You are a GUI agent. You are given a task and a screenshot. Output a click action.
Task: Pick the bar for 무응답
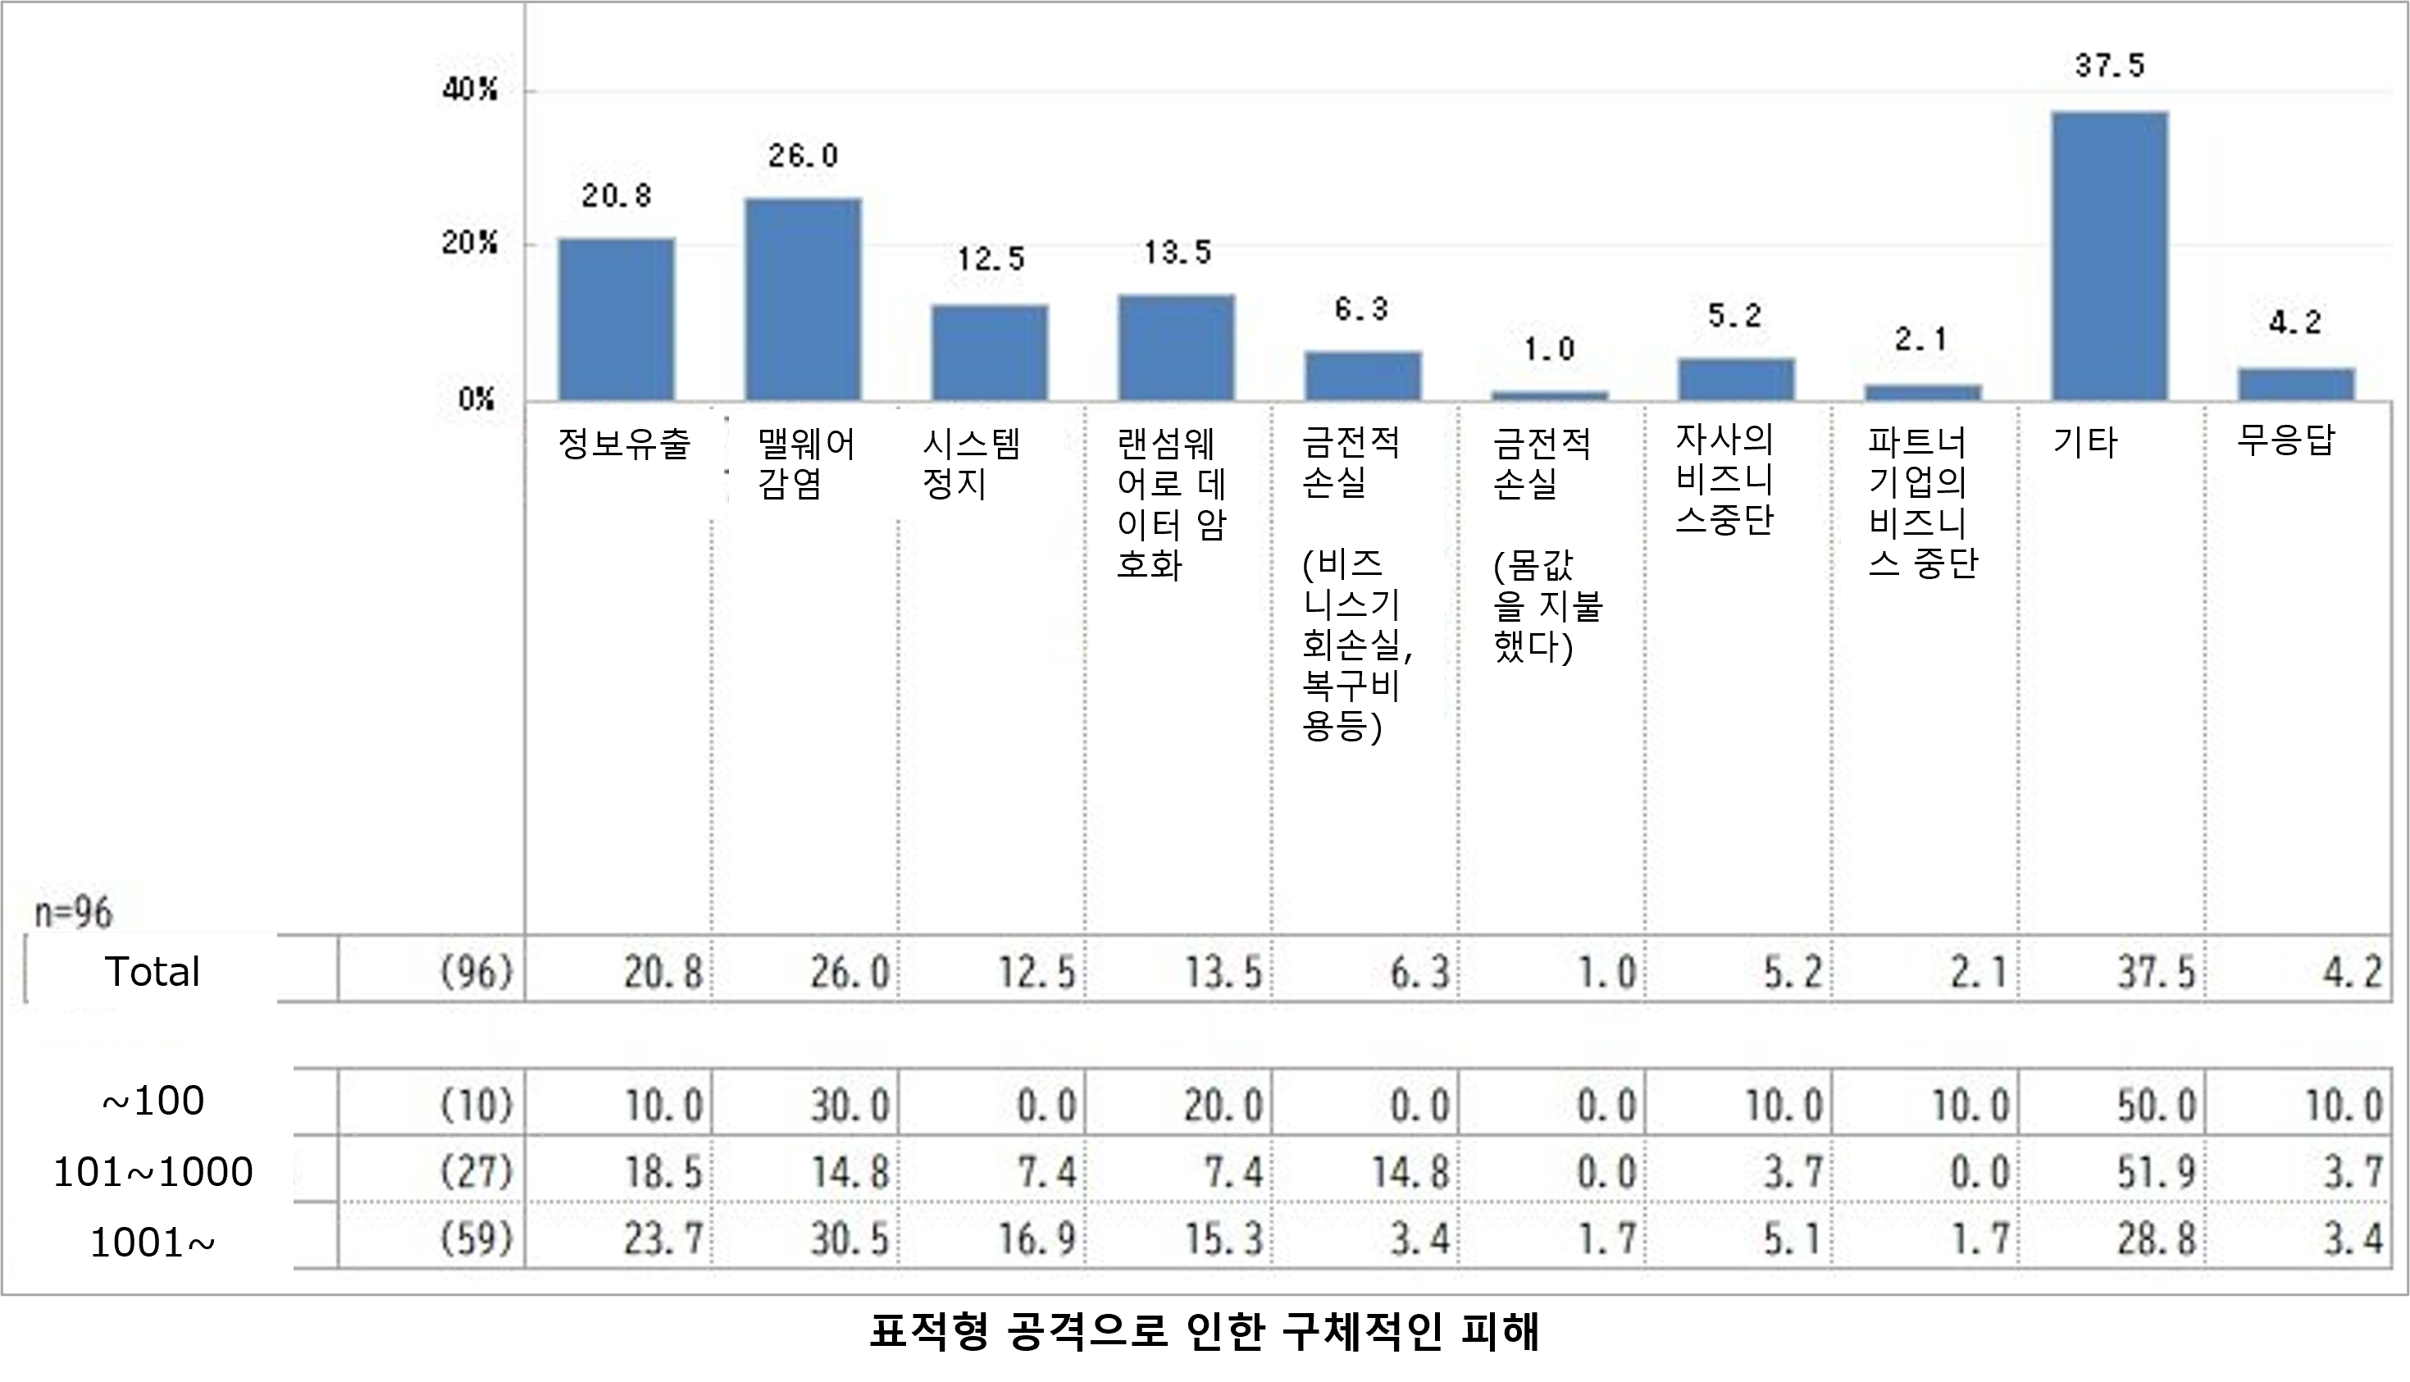[x=2296, y=384]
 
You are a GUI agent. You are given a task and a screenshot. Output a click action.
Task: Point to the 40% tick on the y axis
[x=470, y=90]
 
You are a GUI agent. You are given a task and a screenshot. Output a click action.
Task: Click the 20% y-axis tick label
[x=470, y=243]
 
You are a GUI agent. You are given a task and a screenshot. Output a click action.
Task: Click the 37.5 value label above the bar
[x=2109, y=66]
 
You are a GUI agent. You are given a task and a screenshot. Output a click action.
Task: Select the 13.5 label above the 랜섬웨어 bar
[x=1177, y=253]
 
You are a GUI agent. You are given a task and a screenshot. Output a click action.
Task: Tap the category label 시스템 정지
[x=970, y=463]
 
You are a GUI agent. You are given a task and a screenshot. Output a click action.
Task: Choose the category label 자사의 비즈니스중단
[x=1724, y=478]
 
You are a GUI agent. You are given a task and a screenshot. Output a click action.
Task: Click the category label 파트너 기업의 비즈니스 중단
[x=1920, y=503]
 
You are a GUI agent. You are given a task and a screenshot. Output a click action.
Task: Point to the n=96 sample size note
[x=73, y=913]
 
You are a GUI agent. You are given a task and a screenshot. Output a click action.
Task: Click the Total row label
[x=152, y=971]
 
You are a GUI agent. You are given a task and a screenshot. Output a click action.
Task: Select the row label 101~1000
[x=153, y=1172]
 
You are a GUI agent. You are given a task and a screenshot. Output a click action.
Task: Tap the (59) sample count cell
[x=476, y=1238]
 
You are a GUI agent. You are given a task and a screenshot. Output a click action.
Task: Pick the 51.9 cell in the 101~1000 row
[x=2156, y=1173]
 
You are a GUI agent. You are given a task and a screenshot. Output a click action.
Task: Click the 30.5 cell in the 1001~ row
[x=850, y=1238]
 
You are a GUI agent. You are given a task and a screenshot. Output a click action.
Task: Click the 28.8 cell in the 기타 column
[x=2156, y=1238]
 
